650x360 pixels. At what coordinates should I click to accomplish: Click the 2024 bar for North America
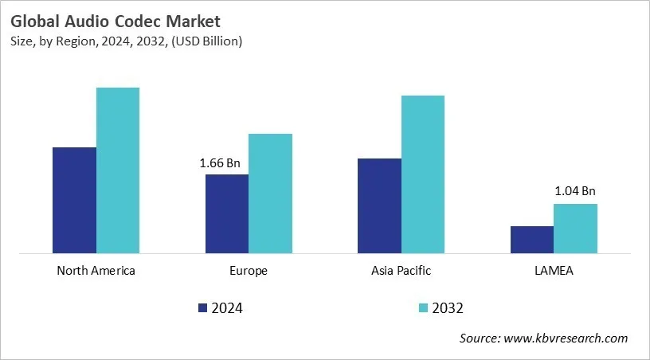pyautogui.click(x=74, y=200)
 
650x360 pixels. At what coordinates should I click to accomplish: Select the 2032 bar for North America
pyautogui.click(x=118, y=170)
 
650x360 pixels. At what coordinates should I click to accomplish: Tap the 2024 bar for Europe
pyautogui.click(x=227, y=213)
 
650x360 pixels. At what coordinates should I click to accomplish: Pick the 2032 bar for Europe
pyautogui.click(x=270, y=194)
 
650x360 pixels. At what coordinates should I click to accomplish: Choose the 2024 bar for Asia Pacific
pyautogui.click(x=379, y=205)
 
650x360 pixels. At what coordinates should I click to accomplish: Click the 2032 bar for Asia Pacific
pyautogui.click(x=423, y=174)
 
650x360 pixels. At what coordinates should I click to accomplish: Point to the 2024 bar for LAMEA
pyautogui.click(x=531, y=240)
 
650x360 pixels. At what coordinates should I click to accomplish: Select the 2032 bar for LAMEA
pyautogui.click(x=575, y=229)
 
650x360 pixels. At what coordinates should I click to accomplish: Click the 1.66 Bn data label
pyautogui.click(x=220, y=163)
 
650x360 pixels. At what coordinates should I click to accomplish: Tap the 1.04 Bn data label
pyautogui.click(x=575, y=191)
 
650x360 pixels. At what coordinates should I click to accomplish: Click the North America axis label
pyautogui.click(x=96, y=271)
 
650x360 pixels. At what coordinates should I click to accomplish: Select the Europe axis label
pyautogui.click(x=249, y=271)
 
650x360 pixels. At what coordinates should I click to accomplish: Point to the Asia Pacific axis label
pyautogui.click(x=401, y=271)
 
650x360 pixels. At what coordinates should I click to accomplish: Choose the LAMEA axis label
pyautogui.click(x=554, y=271)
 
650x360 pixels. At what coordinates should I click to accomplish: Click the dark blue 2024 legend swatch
pyautogui.click(x=202, y=308)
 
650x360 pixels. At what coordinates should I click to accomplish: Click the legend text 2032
pyautogui.click(x=448, y=308)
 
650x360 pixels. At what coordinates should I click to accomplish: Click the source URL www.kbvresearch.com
pyautogui.click(x=566, y=338)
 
